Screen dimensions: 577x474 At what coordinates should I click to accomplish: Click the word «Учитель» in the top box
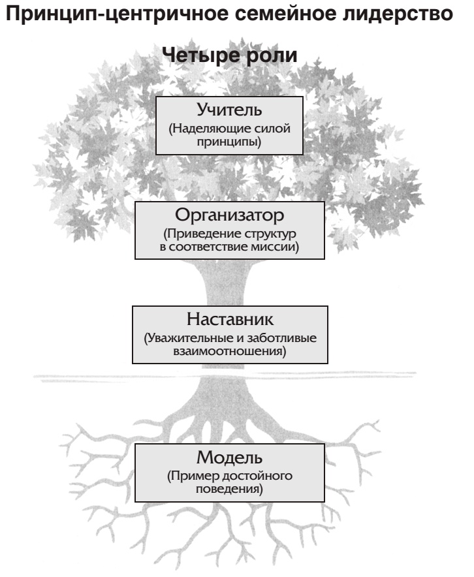click(x=229, y=111)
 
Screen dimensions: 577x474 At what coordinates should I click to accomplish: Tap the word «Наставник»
click(x=229, y=320)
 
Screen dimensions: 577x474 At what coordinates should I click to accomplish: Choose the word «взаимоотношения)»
click(x=229, y=351)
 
